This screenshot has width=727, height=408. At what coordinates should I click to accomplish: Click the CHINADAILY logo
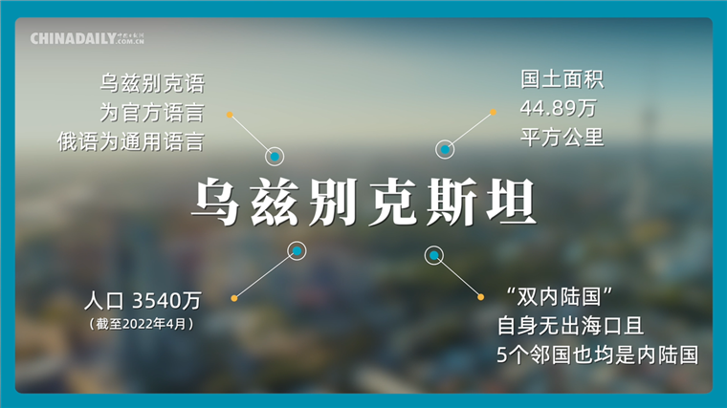(87, 38)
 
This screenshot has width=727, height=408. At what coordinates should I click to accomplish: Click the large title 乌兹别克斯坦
(364, 203)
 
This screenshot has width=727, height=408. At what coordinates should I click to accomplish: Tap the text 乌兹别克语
(152, 83)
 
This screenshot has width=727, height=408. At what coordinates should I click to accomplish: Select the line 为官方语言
(152, 113)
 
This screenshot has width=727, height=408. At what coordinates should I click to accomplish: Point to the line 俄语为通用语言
(131, 141)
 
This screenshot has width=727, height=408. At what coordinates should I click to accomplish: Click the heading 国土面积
(562, 79)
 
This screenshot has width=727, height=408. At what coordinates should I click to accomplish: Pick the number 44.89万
(559, 108)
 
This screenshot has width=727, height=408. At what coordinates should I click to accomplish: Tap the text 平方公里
(562, 137)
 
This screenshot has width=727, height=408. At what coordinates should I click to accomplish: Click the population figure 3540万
(166, 301)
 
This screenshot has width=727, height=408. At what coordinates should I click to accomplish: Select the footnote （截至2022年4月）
(142, 323)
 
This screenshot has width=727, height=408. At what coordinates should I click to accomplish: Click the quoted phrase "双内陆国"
(560, 297)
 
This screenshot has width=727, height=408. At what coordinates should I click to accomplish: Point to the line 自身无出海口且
(570, 326)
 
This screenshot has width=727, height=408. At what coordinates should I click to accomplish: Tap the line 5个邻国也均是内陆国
(598, 354)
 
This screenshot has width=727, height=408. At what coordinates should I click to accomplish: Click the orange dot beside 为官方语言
(230, 115)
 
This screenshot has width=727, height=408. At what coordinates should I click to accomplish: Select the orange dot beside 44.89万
(493, 112)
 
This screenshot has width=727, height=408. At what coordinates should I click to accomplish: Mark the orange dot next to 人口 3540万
(234, 298)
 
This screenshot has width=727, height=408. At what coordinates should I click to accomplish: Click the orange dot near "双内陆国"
(481, 297)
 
